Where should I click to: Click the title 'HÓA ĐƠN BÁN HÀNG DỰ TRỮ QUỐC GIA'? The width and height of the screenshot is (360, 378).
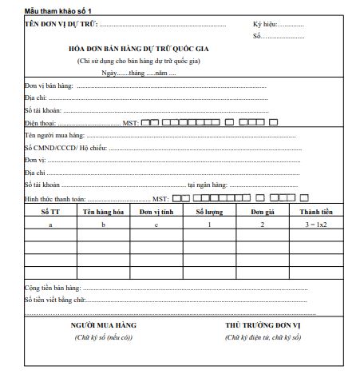(x=138, y=49)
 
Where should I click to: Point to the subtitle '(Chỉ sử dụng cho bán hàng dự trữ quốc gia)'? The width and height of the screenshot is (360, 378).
(x=138, y=61)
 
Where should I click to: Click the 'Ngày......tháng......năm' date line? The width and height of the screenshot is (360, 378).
(x=138, y=73)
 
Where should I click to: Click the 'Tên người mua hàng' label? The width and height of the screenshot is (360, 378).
(x=53, y=136)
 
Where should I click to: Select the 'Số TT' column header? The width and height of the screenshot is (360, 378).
(x=50, y=212)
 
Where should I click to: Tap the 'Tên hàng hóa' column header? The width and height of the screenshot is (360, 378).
(x=103, y=212)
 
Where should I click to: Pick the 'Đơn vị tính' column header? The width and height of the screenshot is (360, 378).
(x=156, y=212)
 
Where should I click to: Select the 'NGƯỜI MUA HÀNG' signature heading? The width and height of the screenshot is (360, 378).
(x=104, y=326)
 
